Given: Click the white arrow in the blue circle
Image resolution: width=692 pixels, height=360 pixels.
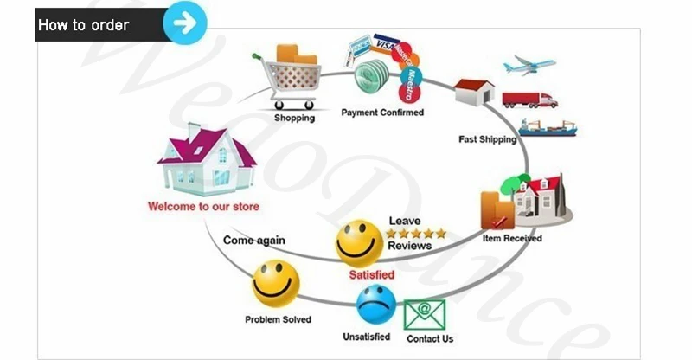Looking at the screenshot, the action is tap(184, 22).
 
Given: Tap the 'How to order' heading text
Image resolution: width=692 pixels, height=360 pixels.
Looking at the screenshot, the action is tap(84, 24).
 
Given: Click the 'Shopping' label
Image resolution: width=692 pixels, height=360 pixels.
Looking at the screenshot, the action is tap(294, 118).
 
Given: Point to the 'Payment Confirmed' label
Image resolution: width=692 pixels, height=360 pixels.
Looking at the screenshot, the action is tap(382, 112).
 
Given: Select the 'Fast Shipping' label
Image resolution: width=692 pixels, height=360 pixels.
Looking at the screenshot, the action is tap(487, 139).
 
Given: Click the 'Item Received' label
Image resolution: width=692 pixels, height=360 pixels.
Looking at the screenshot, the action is tap(512, 238).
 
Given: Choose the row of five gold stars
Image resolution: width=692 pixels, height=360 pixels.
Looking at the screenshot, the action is tap(416, 234).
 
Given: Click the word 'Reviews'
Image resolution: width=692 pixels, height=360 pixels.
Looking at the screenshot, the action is tap(409, 247).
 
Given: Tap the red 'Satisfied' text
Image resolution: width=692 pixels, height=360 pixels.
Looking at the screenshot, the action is tap(372, 275).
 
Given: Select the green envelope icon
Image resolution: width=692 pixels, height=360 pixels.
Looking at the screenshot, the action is tap(424, 314).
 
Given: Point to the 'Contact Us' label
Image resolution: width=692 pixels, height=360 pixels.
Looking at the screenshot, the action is tap(430, 338).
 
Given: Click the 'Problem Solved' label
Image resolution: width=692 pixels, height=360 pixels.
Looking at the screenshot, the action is tap(278, 320).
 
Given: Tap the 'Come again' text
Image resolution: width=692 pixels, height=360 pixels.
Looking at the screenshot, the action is tap(254, 240).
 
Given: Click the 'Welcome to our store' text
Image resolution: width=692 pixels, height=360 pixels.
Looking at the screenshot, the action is tap(203, 207).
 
